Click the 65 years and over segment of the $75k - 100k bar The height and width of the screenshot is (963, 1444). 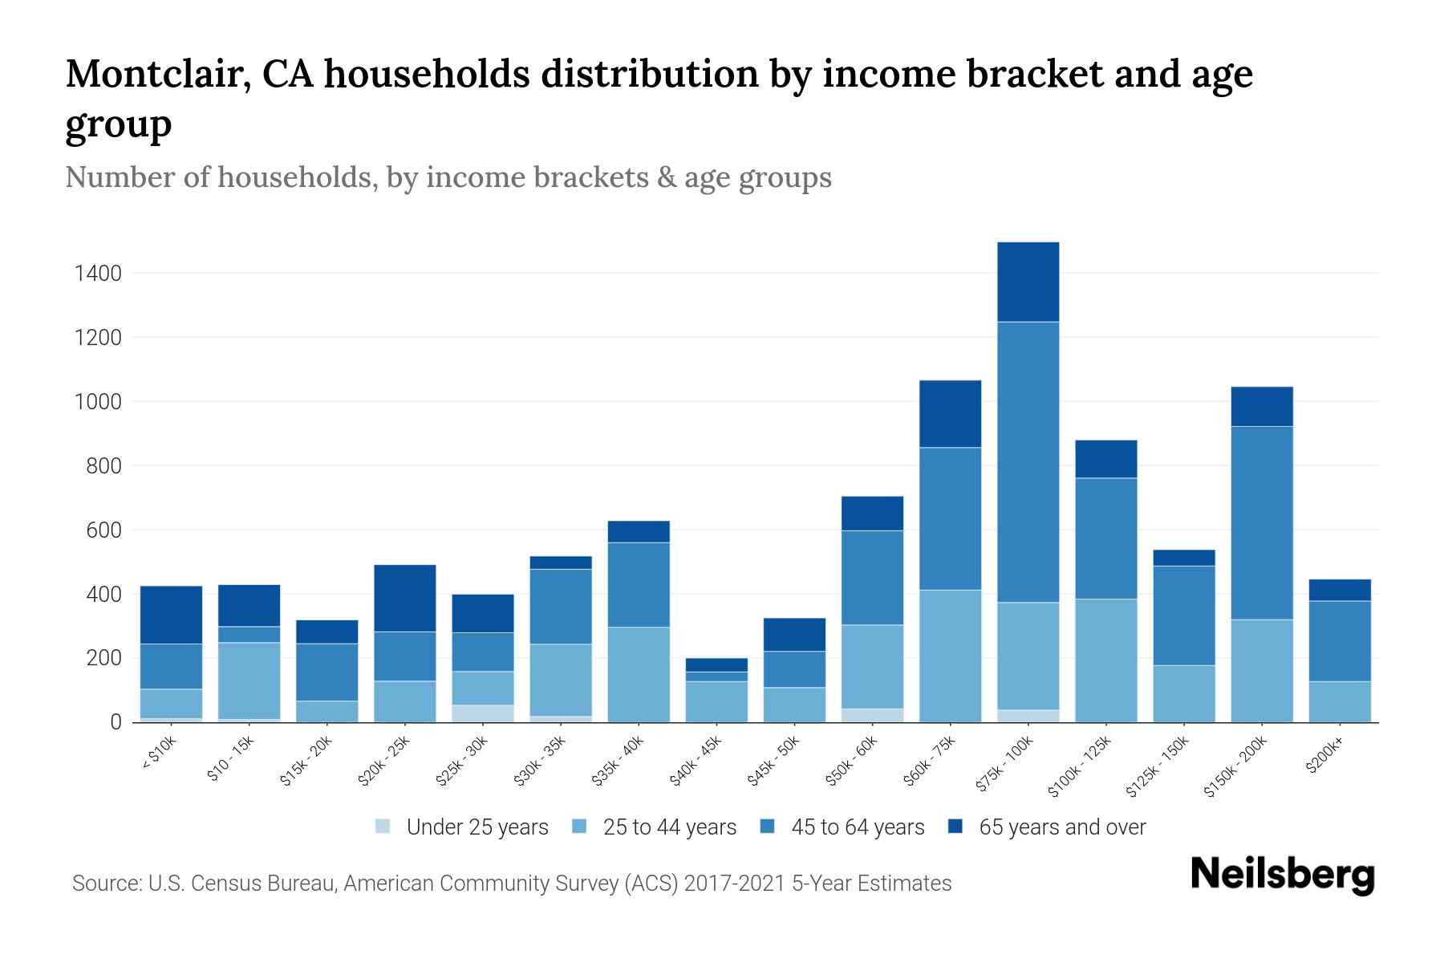click(1028, 282)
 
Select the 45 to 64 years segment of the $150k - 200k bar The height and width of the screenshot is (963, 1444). click(1262, 522)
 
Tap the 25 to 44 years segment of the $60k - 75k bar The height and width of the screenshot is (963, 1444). click(950, 656)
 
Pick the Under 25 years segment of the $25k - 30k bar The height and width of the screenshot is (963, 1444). click(483, 713)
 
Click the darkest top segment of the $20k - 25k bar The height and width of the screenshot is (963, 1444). click(405, 598)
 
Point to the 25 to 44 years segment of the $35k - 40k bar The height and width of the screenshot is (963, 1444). click(639, 674)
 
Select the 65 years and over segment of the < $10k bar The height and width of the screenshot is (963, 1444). click(171, 615)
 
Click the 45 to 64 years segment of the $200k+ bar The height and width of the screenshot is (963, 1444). click(1340, 640)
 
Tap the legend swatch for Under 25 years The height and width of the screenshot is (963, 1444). click(383, 827)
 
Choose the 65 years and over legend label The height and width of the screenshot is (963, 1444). click(1062, 827)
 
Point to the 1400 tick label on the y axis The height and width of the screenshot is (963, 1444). click(98, 274)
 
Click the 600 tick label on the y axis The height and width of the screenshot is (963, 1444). click(104, 530)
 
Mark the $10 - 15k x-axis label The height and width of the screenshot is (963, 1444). click(231, 760)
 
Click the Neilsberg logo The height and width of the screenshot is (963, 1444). click(1282, 875)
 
